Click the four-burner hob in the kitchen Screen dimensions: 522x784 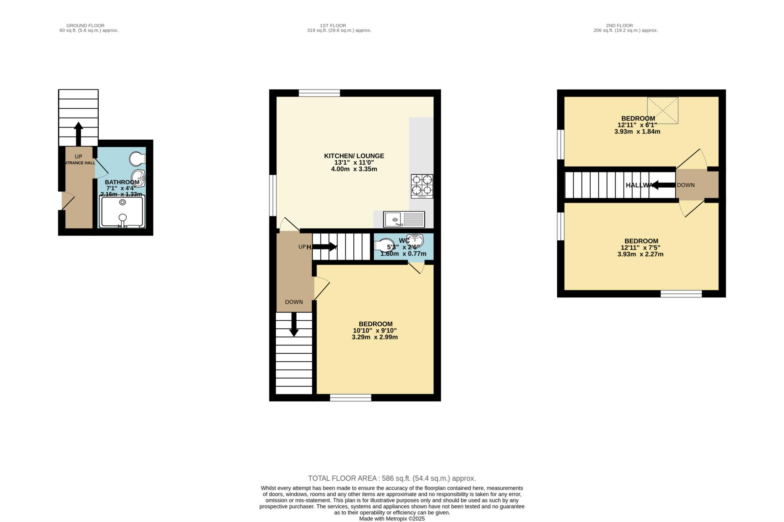coord(422,186)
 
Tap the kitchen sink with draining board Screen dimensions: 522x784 coord(404,220)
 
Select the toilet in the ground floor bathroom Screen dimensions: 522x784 coord(137,158)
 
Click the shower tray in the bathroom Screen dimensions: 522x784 coord(122,212)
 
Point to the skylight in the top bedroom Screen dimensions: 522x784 coord(662,110)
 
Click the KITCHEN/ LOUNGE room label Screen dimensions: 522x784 coord(354,156)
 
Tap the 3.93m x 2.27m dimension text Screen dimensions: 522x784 coord(640,254)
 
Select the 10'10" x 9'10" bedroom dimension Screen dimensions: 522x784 coord(374,331)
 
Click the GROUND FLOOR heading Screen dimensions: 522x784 coord(85,26)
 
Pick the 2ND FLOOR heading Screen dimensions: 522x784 coord(619,26)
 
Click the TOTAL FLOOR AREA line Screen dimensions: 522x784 coord(392,478)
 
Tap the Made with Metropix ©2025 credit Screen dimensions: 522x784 coord(392,519)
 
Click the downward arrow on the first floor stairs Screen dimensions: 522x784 coord(294,325)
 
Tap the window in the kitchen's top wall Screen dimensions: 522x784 coord(319,93)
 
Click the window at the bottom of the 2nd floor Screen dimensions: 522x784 coord(681,294)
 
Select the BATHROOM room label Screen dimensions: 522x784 coord(122,182)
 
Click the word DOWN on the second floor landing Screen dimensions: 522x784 coord(686,185)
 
